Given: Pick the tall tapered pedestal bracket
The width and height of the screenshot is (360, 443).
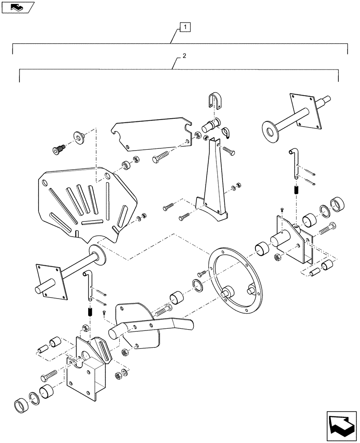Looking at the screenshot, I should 213,186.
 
